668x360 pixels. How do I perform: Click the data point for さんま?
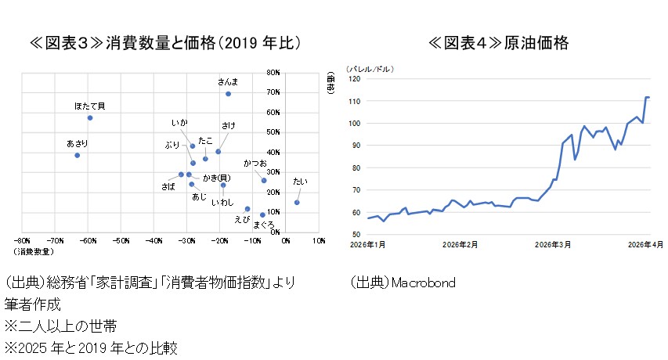(228, 94)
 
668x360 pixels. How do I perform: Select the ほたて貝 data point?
(90, 117)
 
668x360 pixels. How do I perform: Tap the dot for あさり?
(77, 155)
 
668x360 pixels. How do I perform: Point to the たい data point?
(297, 202)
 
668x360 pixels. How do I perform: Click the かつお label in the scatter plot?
(255, 164)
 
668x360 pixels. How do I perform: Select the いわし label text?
(222, 202)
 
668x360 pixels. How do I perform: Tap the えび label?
(241, 219)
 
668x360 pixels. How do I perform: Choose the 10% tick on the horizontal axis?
(318, 241)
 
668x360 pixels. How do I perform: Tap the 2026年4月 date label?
(647, 244)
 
